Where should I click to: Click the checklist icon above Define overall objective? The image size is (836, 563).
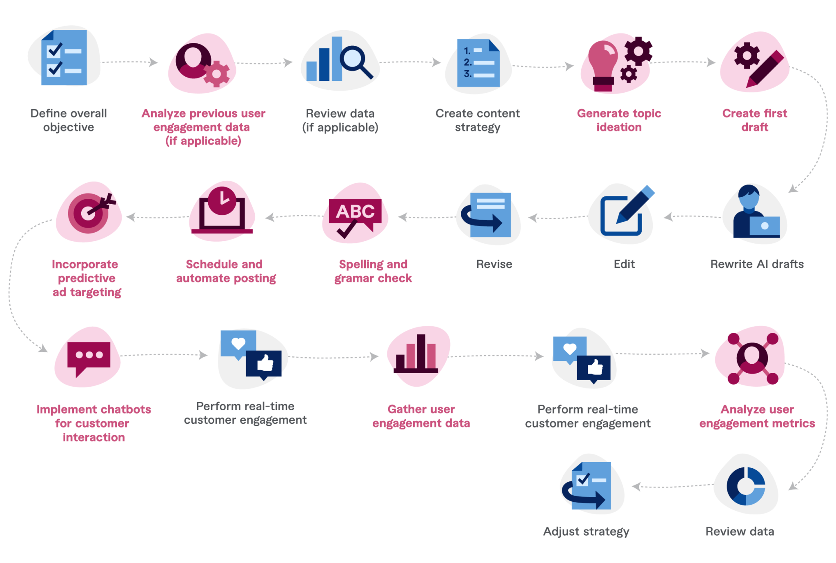pos(64,58)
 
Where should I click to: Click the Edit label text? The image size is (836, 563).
pos(624,264)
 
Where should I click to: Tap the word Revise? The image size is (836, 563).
pos(494,264)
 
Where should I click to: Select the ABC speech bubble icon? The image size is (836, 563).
pos(355,213)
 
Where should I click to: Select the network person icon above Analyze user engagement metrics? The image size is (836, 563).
pos(752,358)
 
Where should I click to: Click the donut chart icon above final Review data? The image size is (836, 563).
pos(746,486)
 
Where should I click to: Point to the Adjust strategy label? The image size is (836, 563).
pos(586,531)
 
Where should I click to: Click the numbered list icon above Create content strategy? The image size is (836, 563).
pos(478,63)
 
